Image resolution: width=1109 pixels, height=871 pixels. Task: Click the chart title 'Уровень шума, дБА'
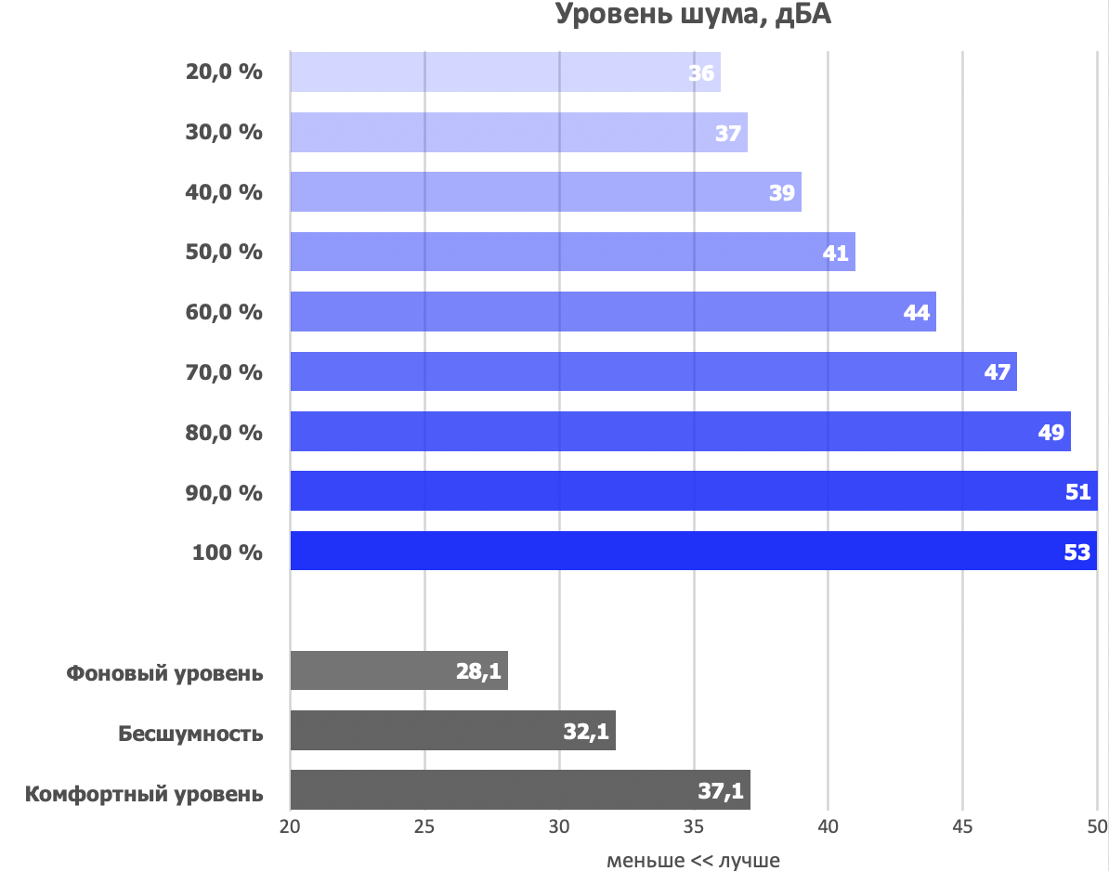[692, 16]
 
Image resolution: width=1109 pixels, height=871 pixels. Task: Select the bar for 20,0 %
[504, 72]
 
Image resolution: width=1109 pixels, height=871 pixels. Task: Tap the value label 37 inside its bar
[727, 133]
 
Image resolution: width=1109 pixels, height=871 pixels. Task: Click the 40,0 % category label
[225, 192]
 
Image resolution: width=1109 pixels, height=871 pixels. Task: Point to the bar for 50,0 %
[572, 252]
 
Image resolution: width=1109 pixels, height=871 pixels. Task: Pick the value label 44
[916, 313]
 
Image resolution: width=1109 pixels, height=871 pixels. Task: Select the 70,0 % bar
[653, 371]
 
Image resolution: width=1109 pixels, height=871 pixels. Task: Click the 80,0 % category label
[225, 432]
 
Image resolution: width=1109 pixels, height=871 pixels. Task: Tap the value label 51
[1077, 492]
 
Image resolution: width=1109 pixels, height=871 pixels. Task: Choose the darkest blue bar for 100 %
[693, 552]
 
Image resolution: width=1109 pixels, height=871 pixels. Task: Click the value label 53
[1076, 552]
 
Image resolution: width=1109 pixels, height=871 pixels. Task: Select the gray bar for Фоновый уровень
[398, 670]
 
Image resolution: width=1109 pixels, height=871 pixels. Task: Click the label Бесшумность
[190, 734]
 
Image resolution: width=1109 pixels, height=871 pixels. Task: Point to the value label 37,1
[720, 791]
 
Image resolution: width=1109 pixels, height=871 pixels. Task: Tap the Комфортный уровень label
[144, 795]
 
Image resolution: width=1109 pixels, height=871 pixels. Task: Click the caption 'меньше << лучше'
[693, 860]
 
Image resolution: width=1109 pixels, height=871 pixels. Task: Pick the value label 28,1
[480, 671]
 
